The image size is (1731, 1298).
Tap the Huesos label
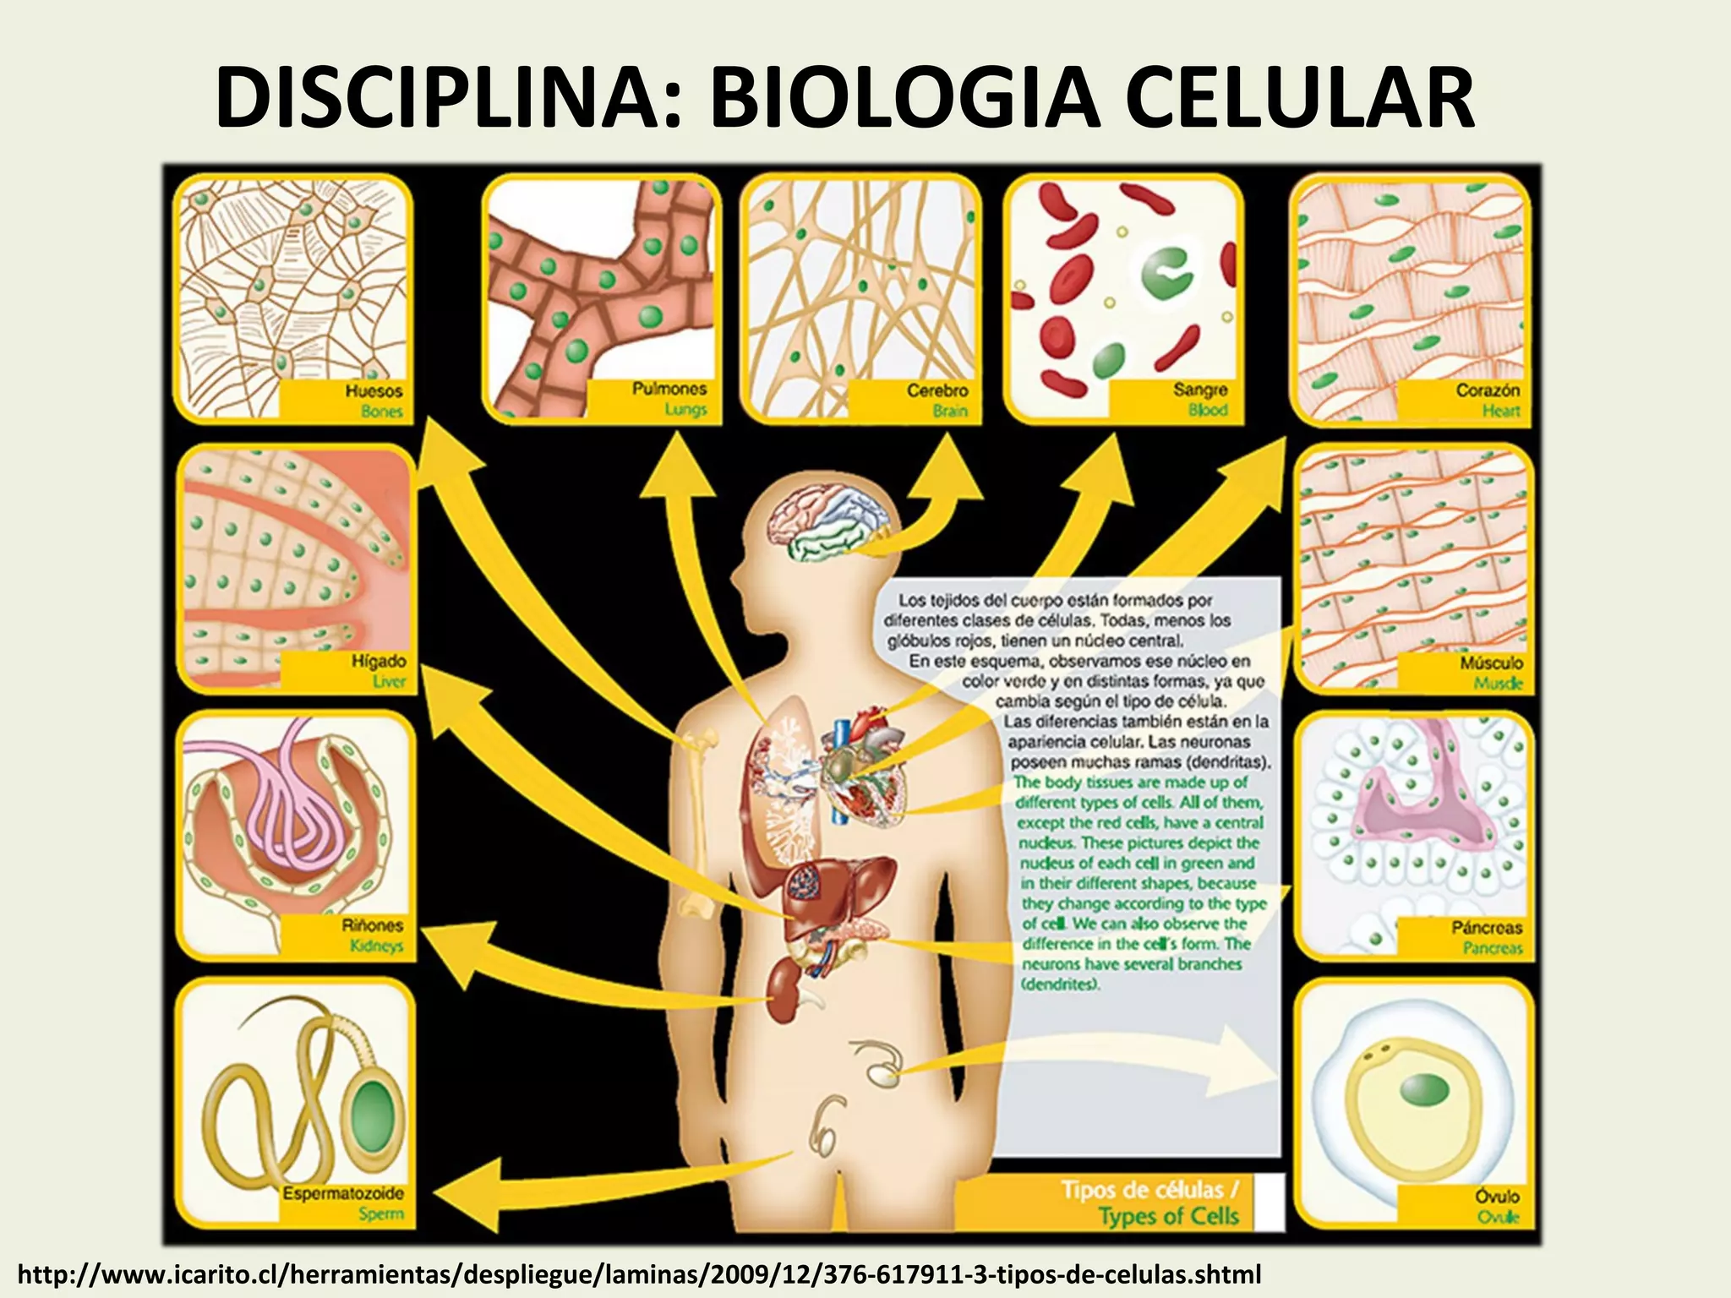point(374,391)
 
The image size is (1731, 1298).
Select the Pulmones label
point(669,389)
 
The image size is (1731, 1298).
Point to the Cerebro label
point(937,390)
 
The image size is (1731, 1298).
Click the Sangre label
point(1200,390)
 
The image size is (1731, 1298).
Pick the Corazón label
point(1488,390)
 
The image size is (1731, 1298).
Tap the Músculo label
point(1492,663)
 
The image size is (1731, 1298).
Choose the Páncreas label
point(1487,927)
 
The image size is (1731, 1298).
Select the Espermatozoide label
point(343,1193)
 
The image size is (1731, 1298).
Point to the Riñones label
point(373,925)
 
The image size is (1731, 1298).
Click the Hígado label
point(379,661)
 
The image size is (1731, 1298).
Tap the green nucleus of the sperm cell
point(373,1113)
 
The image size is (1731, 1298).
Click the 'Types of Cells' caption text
point(1168,1216)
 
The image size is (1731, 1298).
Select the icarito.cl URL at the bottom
point(639,1273)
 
